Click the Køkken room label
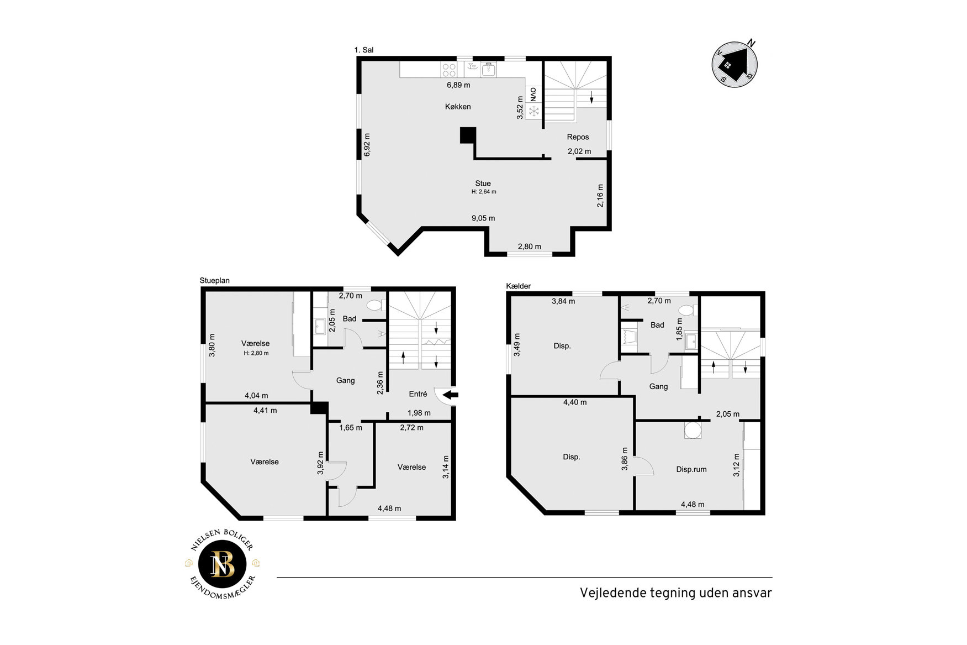[x=458, y=107]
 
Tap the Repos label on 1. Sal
[x=578, y=137]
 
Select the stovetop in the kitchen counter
[x=449, y=70]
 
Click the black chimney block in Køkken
[x=468, y=135]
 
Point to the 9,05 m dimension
[x=483, y=218]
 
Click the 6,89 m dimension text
[x=458, y=85]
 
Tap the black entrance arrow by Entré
[x=451, y=395]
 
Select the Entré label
[x=418, y=394]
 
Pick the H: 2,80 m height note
[x=256, y=353]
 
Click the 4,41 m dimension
[x=265, y=411]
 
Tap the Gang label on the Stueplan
[x=346, y=381]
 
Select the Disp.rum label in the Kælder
[x=691, y=470]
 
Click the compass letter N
[x=751, y=43]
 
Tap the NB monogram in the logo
[x=223, y=564]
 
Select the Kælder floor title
[x=519, y=286]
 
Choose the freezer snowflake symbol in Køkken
[x=533, y=112]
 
